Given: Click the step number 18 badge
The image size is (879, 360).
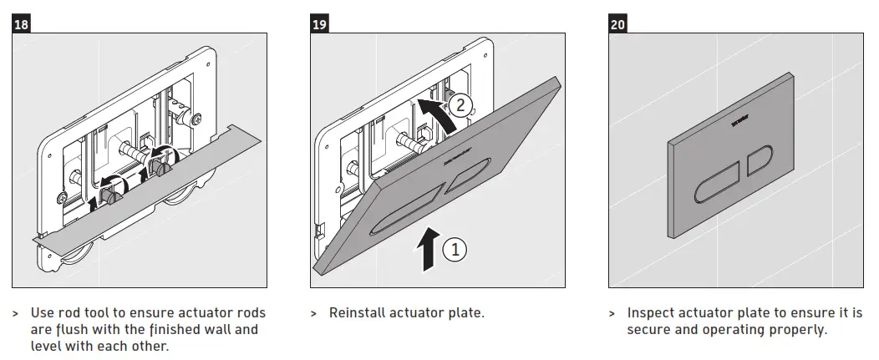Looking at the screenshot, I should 22,24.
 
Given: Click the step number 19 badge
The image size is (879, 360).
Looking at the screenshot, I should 319,24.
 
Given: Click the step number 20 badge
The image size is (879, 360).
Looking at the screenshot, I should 617,24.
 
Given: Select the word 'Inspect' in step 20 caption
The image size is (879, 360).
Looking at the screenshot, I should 653,313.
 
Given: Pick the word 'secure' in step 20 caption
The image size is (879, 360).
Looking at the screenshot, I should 649,329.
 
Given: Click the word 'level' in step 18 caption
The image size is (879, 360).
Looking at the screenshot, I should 48,345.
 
